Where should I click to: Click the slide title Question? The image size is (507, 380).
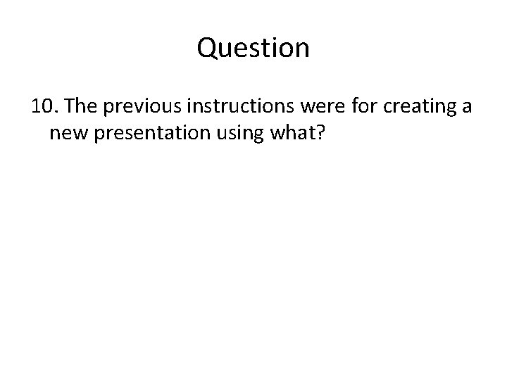253,48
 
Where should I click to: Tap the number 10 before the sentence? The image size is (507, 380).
43,108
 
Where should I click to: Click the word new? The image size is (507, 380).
68,134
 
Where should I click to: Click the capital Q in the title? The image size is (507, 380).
208,49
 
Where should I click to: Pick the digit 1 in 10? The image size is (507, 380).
37,108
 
